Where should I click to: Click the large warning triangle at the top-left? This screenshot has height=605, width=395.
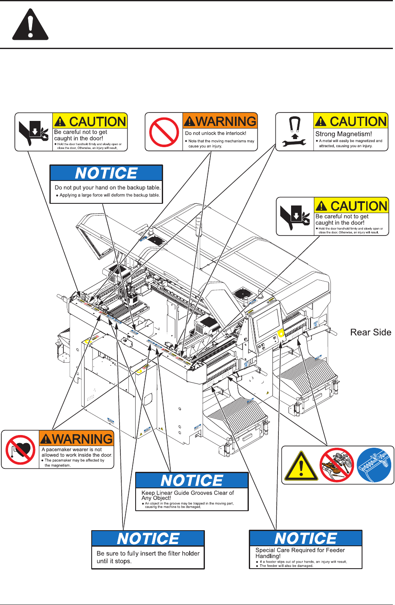(30, 25)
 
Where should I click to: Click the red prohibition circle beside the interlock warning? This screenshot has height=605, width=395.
(164, 132)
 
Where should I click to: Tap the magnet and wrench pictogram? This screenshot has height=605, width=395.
(294, 132)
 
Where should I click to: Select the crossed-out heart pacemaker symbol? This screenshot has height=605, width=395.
(20, 450)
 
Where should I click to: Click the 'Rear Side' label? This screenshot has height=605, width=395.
(370, 332)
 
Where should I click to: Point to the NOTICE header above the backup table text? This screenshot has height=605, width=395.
(106, 173)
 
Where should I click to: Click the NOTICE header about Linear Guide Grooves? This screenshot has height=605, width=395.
(192, 481)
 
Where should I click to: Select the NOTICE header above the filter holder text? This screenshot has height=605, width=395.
(148, 539)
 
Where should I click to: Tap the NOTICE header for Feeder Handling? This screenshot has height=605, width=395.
(305, 538)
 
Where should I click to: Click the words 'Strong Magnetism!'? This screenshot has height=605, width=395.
(343, 134)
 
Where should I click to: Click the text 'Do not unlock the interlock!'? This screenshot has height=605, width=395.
(215, 133)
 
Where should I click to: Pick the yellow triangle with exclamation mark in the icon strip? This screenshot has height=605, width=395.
(301, 466)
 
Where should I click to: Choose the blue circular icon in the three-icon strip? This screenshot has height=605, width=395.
(373, 465)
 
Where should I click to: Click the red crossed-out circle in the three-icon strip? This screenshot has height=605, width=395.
(336, 465)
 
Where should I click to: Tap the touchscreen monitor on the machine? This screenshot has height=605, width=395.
(268, 322)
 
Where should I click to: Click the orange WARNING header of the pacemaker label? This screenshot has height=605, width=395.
(76, 439)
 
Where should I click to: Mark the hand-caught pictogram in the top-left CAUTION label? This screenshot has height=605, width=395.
(34, 132)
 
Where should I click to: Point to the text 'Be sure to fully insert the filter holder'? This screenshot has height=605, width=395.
(148, 553)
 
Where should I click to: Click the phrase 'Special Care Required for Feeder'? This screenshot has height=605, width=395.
(300, 550)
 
